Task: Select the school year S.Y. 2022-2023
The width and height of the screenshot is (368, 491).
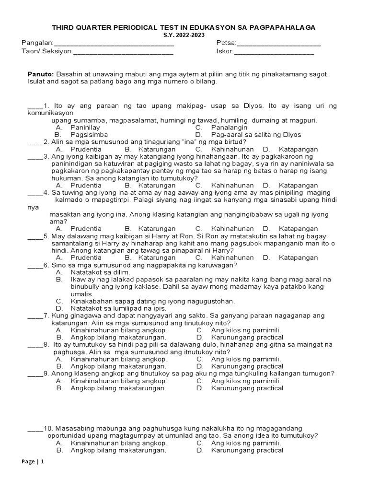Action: pos(184,35)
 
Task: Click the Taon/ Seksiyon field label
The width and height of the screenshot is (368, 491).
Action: pos(47,51)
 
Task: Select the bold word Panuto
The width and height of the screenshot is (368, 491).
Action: pos(40,74)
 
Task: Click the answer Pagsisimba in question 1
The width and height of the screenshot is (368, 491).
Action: pos(89,135)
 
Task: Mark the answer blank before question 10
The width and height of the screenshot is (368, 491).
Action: pos(34,428)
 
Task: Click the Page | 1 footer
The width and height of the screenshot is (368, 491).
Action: pos(33,462)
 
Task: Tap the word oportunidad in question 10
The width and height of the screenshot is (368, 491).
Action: pos(69,435)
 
